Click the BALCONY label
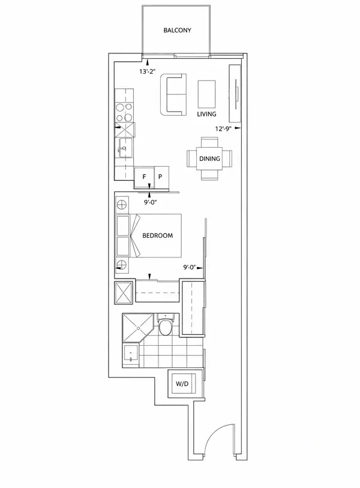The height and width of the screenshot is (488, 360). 177,29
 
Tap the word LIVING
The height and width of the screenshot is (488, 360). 206,114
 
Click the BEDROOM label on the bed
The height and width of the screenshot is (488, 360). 157,236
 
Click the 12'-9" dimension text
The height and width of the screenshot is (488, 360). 223,128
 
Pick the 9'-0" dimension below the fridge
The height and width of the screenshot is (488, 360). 152,202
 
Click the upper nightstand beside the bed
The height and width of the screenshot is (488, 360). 122,205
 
